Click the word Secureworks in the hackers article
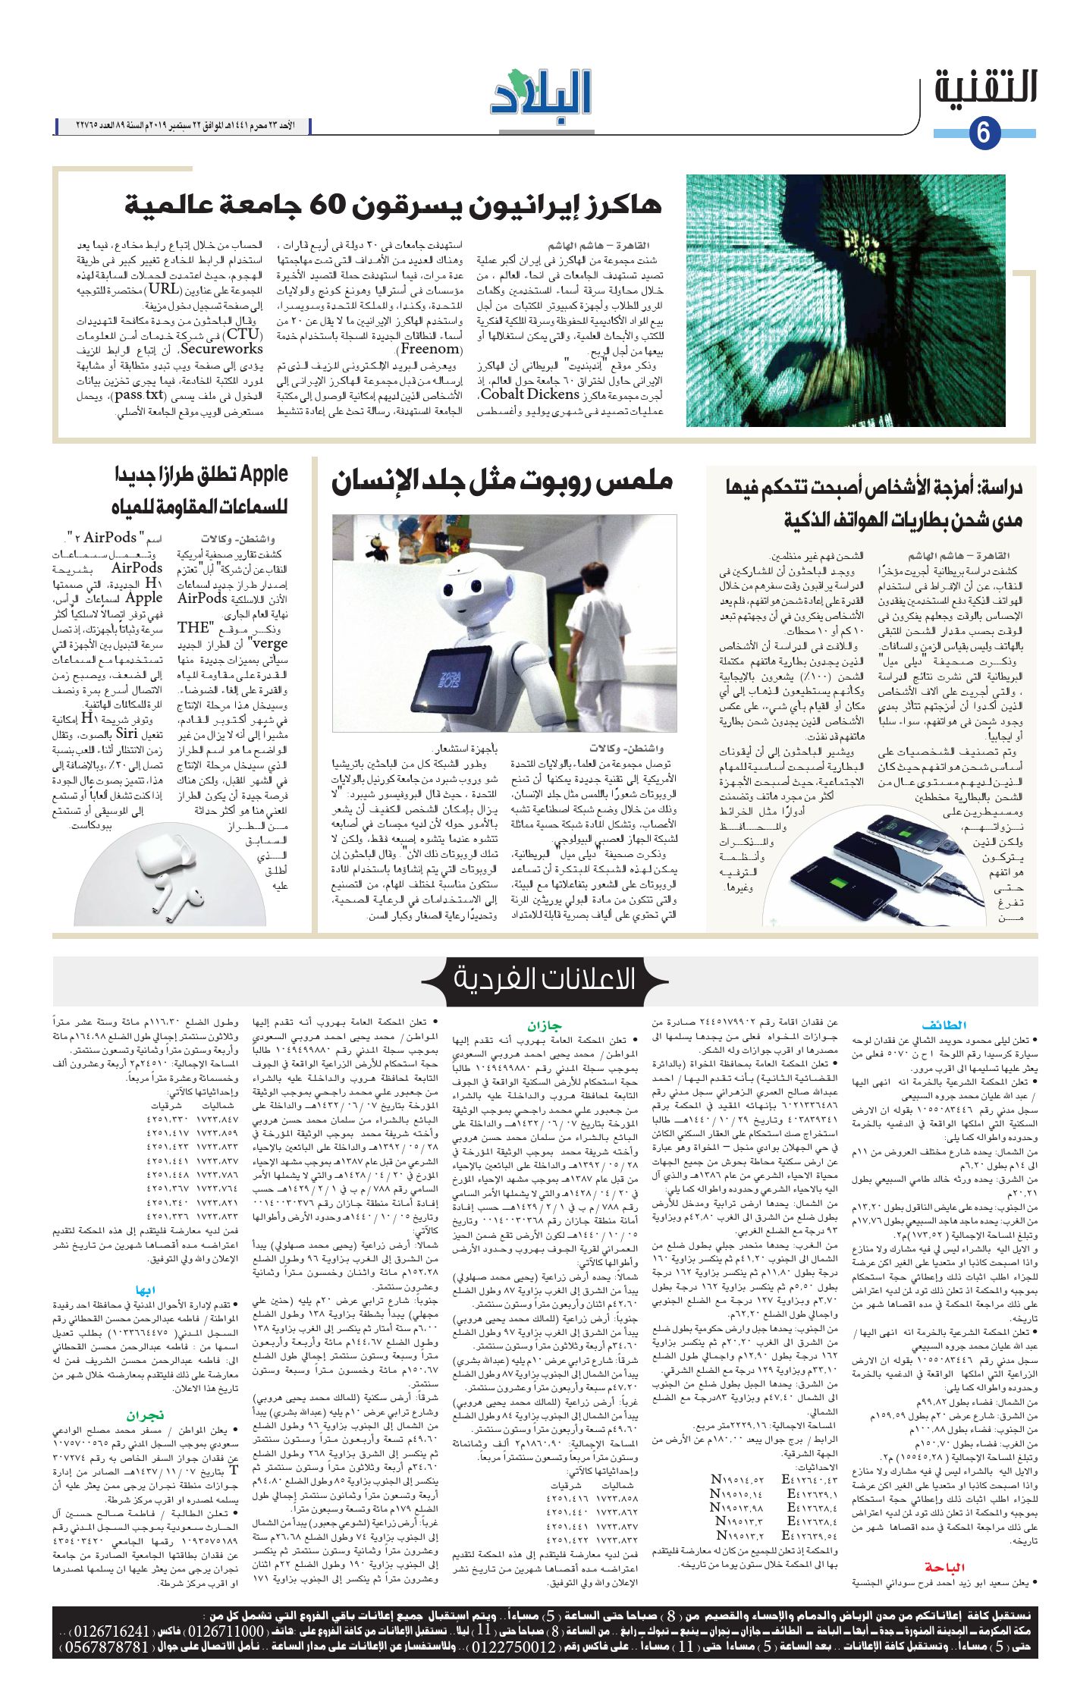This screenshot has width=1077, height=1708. (x=222, y=349)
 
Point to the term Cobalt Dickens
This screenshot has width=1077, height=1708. (x=530, y=394)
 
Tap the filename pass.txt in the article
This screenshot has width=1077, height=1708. (x=140, y=395)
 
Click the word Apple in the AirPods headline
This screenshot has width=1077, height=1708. (x=264, y=474)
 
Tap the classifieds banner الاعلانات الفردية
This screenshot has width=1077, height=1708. (x=545, y=978)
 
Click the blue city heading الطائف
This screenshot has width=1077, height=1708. (x=944, y=1025)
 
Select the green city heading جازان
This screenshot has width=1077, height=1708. (x=545, y=1025)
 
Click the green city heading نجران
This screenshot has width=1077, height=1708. (x=145, y=1415)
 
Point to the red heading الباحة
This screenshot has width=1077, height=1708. (x=944, y=1567)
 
